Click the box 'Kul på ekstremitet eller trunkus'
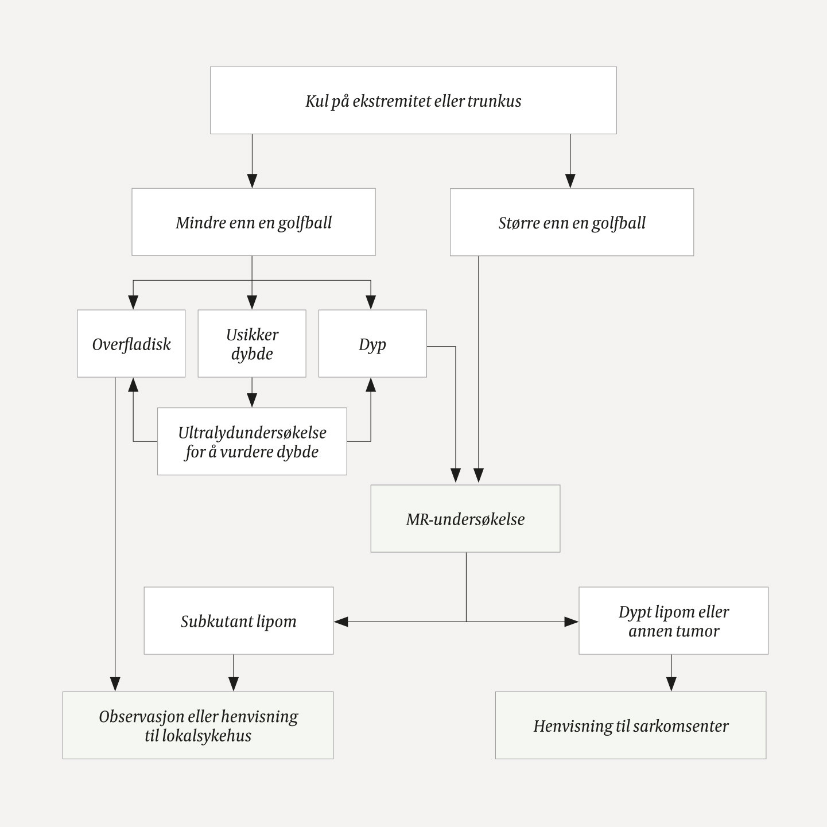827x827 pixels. point(413,100)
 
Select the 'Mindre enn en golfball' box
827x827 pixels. point(253,222)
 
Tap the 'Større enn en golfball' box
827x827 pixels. point(572,222)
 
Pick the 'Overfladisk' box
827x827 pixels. point(131,344)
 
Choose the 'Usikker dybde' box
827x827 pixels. point(251,344)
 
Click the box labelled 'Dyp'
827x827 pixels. point(372,344)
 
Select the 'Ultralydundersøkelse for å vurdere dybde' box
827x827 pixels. point(252,441)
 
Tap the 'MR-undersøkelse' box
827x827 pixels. point(465,519)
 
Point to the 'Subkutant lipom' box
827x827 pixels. point(238,621)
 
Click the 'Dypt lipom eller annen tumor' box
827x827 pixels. point(673,621)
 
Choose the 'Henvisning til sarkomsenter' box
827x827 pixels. point(630,725)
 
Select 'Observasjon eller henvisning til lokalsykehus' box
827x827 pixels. point(197,725)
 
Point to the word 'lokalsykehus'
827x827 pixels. point(198,736)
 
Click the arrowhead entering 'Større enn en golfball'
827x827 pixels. point(570,181)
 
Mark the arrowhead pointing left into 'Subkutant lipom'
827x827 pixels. point(341,622)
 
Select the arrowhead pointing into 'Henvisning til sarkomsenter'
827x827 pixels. point(671,684)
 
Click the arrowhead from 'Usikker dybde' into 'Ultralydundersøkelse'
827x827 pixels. point(252,401)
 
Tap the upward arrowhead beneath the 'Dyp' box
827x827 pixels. point(371,385)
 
